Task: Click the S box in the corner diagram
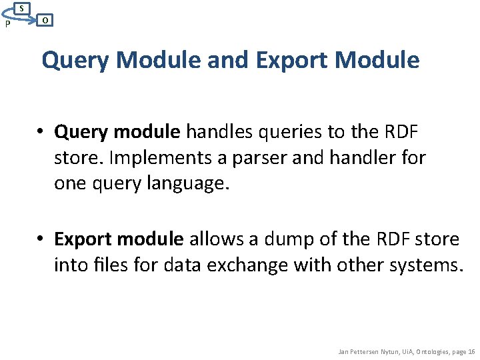(22, 8)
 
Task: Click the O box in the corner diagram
(44, 20)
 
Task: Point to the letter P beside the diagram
(7, 24)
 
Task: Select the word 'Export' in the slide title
(290, 60)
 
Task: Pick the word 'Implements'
(141, 158)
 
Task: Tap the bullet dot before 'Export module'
(41, 239)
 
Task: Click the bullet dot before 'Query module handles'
(41, 133)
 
